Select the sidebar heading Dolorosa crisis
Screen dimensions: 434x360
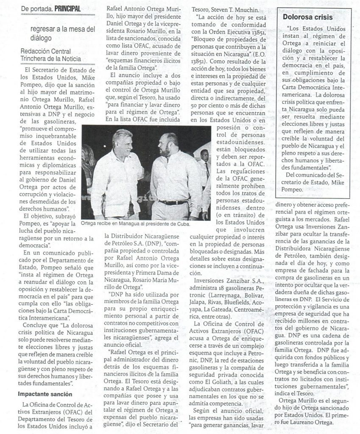[x=308, y=18]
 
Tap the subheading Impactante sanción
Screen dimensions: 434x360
[x=42, y=394]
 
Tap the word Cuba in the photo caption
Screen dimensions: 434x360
[x=183, y=224]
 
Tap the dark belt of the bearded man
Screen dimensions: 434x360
[x=171, y=202]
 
